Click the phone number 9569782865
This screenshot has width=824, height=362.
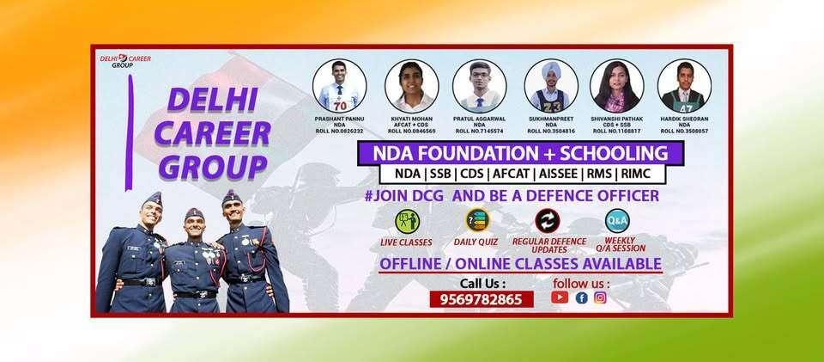click(482, 298)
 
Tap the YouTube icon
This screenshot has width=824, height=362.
click(560, 298)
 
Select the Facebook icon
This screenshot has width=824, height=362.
click(581, 298)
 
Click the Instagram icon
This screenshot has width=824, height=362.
click(600, 298)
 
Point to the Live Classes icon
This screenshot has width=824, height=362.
click(406, 222)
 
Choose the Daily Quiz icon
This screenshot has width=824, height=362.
click(476, 221)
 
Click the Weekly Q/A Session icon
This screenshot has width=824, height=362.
click(616, 220)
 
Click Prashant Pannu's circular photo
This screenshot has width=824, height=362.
click(340, 84)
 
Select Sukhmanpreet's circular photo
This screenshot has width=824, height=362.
click(550, 84)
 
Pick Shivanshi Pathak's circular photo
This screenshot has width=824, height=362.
click(616, 84)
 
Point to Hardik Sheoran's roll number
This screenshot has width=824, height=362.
click(684, 132)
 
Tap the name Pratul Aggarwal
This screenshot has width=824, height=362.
click(479, 119)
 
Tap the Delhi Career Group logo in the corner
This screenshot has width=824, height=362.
click(125, 61)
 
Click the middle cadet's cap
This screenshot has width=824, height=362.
click(194, 212)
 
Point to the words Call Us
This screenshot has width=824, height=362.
click(482, 283)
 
